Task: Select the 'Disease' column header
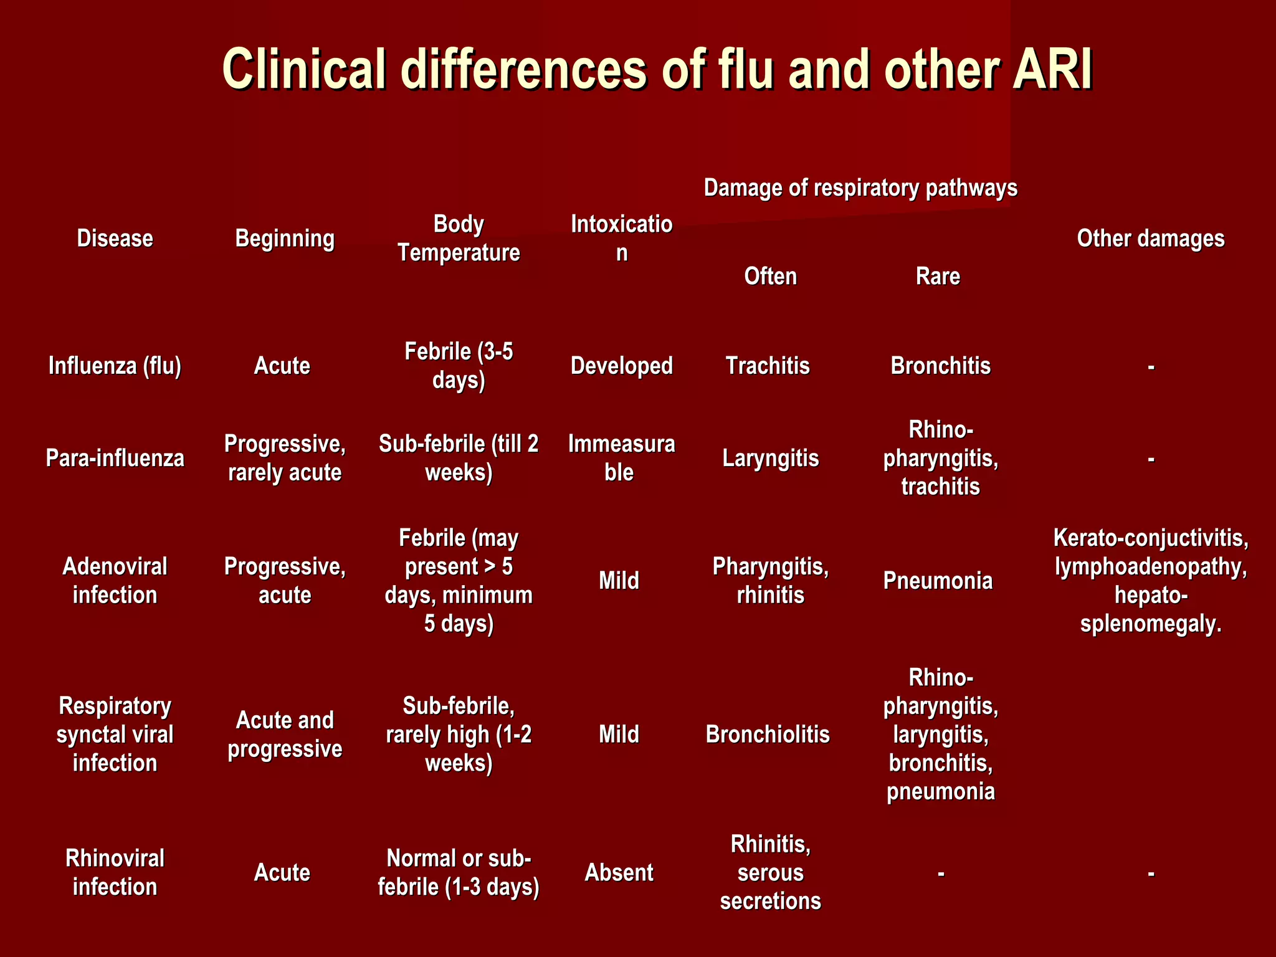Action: (x=115, y=239)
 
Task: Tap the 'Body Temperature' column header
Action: (x=459, y=239)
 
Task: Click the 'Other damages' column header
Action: (x=1150, y=239)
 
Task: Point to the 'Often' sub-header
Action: (x=770, y=276)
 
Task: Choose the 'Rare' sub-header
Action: (x=938, y=276)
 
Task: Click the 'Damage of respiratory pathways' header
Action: (x=860, y=188)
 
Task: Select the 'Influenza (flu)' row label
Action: (x=115, y=366)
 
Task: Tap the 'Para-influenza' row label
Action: (x=115, y=459)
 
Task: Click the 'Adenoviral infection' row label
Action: (x=115, y=581)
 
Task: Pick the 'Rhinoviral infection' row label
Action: (x=115, y=872)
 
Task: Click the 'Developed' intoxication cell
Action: (x=621, y=366)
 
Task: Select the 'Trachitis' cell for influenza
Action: (x=768, y=366)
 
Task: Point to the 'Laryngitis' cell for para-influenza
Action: (x=770, y=459)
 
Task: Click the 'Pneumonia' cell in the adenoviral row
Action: (x=938, y=581)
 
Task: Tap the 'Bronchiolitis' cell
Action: (x=768, y=735)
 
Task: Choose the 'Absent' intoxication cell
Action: (x=619, y=872)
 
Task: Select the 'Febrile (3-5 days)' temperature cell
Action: (x=459, y=366)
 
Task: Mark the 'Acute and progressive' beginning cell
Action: (x=285, y=735)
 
